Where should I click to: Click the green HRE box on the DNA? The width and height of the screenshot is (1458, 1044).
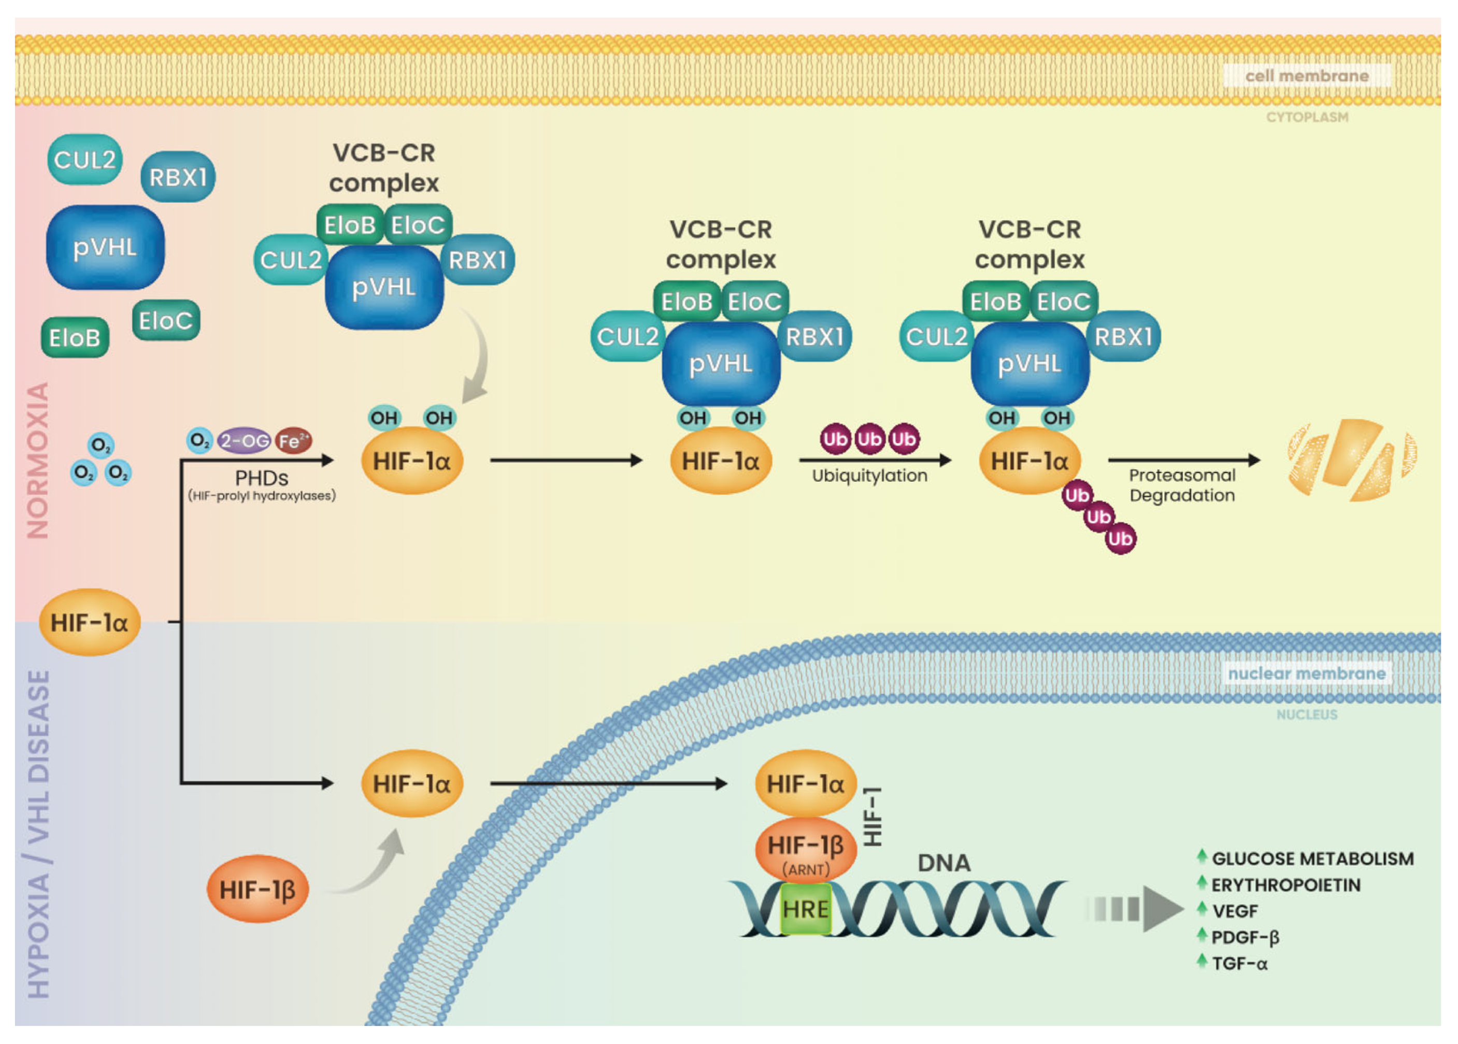806,908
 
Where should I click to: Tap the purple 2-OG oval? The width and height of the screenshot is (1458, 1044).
244,440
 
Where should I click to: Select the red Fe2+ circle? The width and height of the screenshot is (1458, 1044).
293,440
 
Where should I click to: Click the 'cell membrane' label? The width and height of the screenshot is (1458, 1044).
1307,75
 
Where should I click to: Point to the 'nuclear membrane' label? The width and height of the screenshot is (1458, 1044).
1306,673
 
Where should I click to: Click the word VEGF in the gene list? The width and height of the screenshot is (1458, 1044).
1235,911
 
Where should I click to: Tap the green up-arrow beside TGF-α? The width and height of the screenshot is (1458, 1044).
1202,961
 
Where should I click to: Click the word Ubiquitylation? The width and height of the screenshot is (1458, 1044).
869,476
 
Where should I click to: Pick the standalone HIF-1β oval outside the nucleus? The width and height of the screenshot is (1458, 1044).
257,889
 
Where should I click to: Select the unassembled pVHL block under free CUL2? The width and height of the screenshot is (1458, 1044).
105,247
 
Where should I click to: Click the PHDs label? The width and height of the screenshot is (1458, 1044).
261,478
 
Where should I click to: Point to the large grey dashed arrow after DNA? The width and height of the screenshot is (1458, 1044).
1135,909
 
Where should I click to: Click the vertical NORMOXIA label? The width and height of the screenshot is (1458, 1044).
38,460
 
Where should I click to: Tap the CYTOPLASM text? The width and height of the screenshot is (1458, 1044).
1307,117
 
